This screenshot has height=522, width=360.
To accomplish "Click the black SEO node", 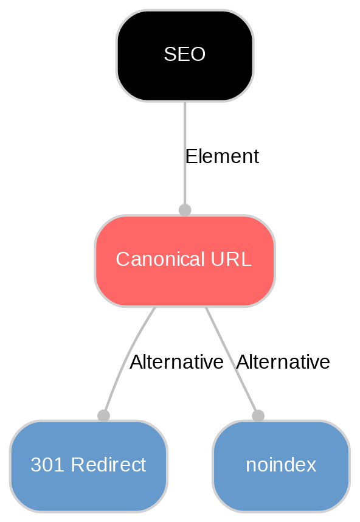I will tap(184, 55).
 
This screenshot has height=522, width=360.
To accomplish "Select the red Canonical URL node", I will tap(184, 260).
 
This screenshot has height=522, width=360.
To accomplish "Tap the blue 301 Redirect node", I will tap(88, 466).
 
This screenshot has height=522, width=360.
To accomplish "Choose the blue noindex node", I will tap(281, 466).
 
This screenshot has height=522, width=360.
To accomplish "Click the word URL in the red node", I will tap(233, 260).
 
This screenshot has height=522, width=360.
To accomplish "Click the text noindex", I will tap(281, 465).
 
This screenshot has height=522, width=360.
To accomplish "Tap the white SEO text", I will tap(184, 55).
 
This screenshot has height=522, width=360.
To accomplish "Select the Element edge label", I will tap(222, 157).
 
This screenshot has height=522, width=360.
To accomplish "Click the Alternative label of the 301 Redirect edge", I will tap(176, 363).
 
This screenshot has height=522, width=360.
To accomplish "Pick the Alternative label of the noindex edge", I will tap(283, 363).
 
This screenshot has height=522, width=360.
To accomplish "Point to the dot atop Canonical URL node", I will tap(184, 210).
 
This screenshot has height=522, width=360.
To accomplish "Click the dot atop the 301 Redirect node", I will tap(103, 416).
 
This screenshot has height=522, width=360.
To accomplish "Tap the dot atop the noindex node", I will tap(258, 416).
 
